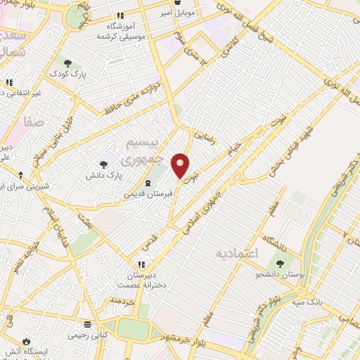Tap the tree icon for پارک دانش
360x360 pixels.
104,163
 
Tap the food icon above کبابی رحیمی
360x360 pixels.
87,324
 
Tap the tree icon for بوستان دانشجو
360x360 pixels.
280,264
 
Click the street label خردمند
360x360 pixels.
122,300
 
